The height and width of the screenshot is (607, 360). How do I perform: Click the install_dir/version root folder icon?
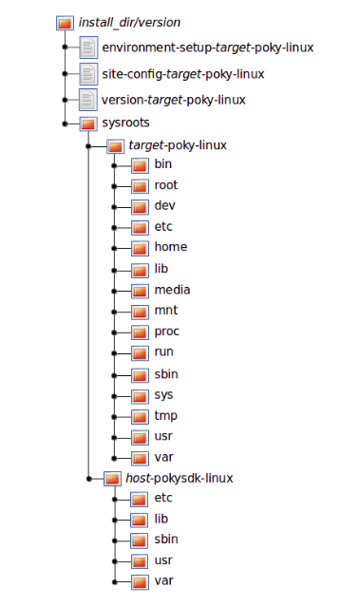65,23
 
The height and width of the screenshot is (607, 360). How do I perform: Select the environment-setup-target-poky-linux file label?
207,47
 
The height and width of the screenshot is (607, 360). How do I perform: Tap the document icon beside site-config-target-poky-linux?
88,73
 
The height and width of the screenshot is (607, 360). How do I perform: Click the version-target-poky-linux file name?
174,100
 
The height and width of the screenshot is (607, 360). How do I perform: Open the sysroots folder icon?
88,123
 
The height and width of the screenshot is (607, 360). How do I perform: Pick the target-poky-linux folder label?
178,145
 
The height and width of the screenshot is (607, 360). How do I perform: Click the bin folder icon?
140,165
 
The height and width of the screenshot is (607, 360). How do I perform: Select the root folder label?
166,185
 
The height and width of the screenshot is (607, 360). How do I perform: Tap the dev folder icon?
140,207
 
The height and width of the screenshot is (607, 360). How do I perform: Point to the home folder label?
171,247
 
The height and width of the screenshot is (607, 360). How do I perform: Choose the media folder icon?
140,291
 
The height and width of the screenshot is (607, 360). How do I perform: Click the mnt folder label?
166,310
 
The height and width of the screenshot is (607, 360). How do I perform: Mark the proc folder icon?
140,332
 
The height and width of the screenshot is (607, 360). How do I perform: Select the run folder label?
163,351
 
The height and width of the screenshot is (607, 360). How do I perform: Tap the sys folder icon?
140,396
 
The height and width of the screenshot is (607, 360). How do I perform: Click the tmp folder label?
166,415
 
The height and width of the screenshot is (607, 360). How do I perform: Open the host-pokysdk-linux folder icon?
112,479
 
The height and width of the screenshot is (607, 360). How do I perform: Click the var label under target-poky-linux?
163,457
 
